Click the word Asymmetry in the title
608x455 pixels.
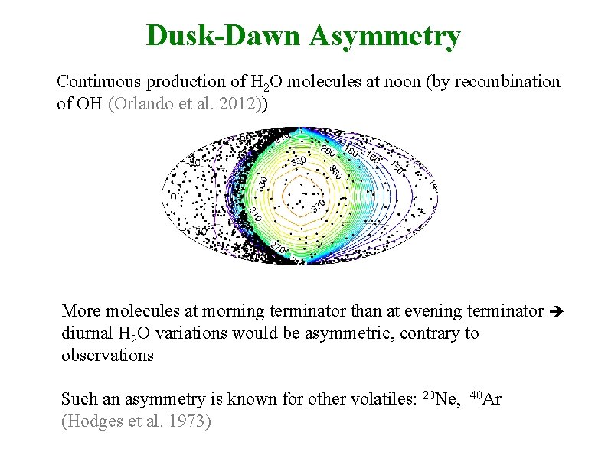386,35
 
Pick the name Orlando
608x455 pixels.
136,103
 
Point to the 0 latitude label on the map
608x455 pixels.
172,197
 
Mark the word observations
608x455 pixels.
107,355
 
